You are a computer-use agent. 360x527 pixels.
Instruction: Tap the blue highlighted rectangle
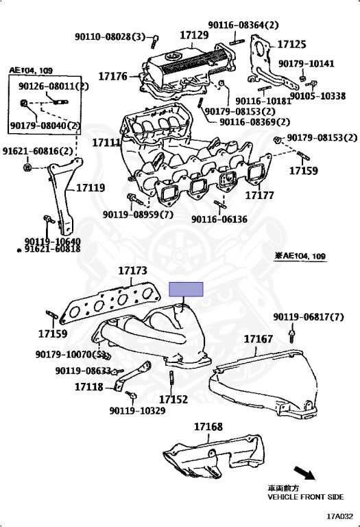pos(187,289)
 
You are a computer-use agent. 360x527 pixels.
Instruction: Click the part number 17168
pos(208,427)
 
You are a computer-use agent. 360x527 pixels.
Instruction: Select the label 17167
pos(258,339)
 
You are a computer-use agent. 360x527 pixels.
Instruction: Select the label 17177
pos(260,196)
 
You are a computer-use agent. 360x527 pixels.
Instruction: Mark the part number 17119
pos(90,187)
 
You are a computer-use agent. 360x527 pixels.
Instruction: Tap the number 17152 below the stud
pos(173,399)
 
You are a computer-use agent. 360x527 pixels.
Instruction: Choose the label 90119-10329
pos(137,411)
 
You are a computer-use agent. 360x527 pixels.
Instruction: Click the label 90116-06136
pos(219,220)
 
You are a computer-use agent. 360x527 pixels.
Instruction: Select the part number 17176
pos(112,75)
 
